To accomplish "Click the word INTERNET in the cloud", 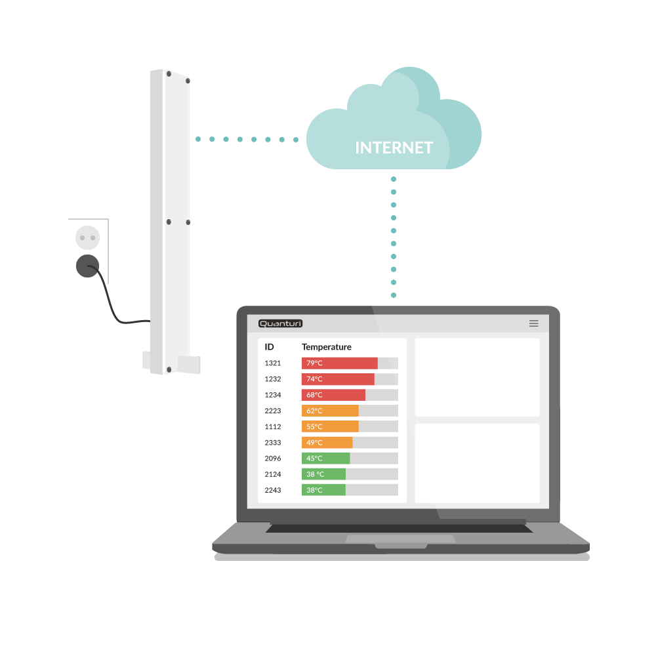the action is pos(394,148).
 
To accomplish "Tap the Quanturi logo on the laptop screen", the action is pos(280,323).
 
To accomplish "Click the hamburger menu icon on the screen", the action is pos(533,323).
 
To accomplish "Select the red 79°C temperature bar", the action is pos(340,363).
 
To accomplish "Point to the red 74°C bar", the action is pos(338,379).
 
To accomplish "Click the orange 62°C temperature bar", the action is pos(330,411).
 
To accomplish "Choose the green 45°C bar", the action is pos(325,459).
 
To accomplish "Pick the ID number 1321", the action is pos(273,363).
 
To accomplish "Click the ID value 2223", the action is pos(273,411).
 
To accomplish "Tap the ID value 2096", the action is pos(273,459).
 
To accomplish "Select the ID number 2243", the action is pos(273,490).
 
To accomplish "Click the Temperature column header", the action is pos(326,347).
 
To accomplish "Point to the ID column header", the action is pos(269,347).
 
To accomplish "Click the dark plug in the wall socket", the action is pos(87,266).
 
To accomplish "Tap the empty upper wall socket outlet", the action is pos(87,237).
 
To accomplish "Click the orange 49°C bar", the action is pos(327,443).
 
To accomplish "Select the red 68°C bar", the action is pos(333,395).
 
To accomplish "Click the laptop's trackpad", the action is pos(401,539).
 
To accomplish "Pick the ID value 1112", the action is pos(273,427).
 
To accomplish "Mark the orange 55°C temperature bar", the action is pos(330,427).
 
